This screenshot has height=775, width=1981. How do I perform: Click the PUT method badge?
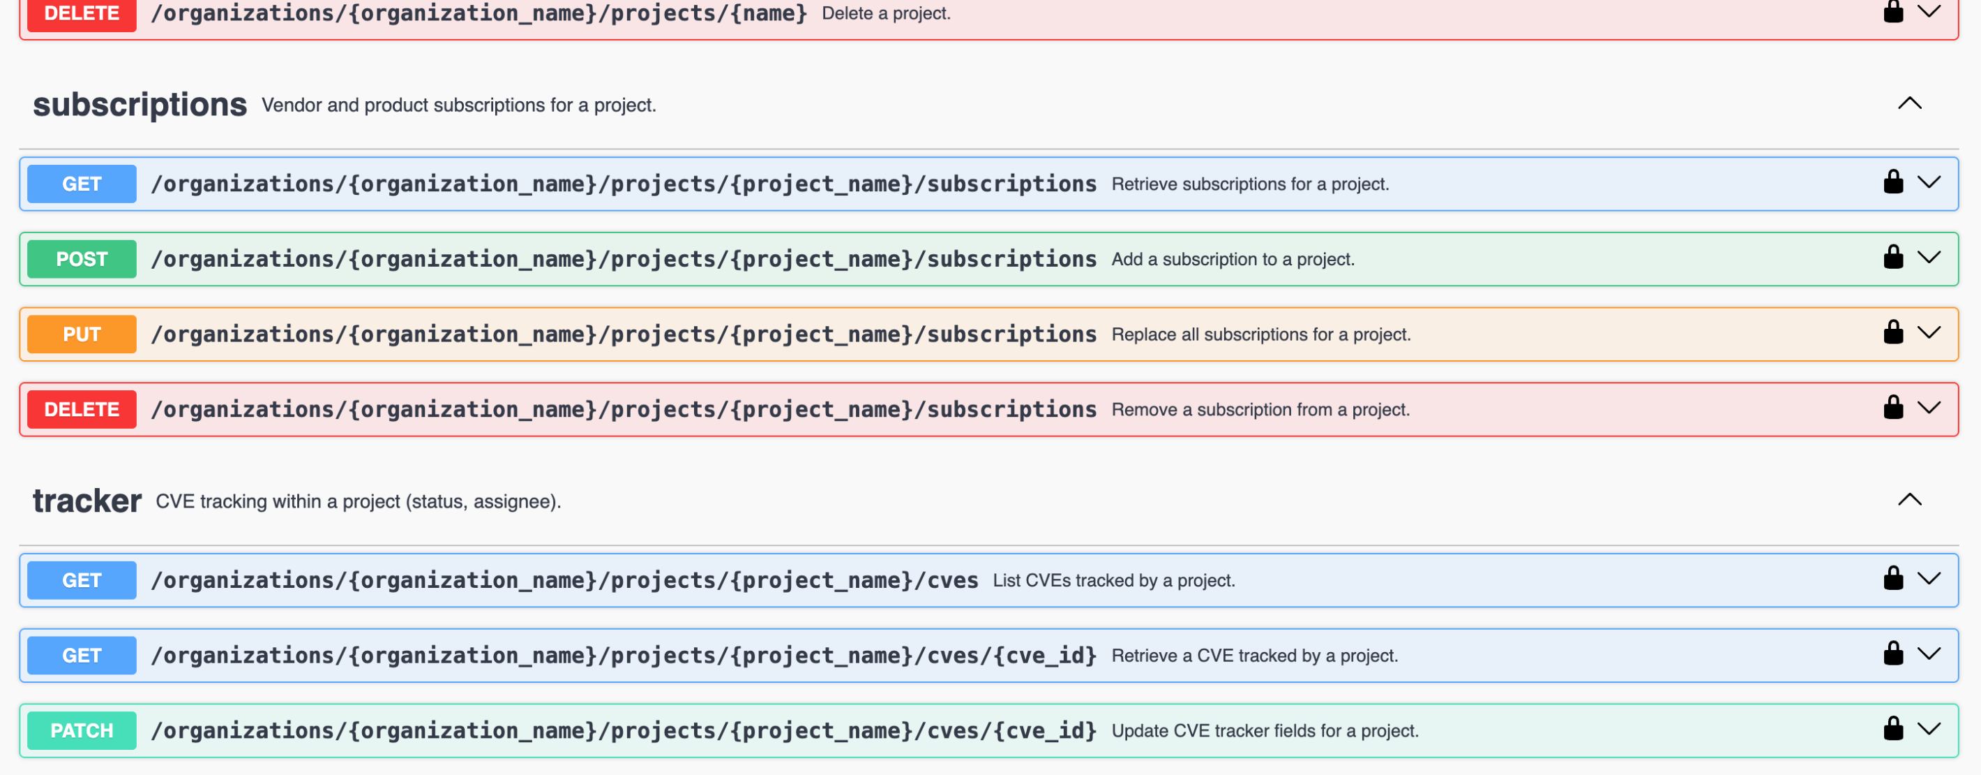pyautogui.click(x=82, y=334)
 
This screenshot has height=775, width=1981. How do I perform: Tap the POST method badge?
pyautogui.click(x=82, y=259)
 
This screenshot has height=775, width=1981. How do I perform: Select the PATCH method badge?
pyautogui.click(x=82, y=730)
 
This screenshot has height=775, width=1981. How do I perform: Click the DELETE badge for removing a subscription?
pyautogui.click(x=82, y=409)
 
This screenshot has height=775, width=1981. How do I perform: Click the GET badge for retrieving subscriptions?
pyautogui.click(x=82, y=184)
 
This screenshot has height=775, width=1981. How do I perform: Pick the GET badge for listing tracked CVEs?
pyautogui.click(x=82, y=580)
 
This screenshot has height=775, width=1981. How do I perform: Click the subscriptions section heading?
pyautogui.click(x=140, y=105)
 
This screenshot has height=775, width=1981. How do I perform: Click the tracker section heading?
pyautogui.click(x=87, y=501)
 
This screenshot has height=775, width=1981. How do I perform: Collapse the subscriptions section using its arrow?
pyautogui.click(x=1909, y=103)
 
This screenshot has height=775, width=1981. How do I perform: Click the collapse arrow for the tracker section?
pyautogui.click(x=1909, y=499)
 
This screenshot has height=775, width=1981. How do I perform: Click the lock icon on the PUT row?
pyautogui.click(x=1893, y=332)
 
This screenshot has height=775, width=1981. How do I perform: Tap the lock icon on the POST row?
pyautogui.click(x=1893, y=256)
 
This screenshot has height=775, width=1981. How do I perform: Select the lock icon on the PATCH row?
pyautogui.click(x=1893, y=728)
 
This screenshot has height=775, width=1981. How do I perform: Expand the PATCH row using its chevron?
pyautogui.click(x=1929, y=728)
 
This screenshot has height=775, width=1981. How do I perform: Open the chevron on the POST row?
pyautogui.click(x=1929, y=257)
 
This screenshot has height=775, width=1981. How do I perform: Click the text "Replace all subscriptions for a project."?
pyautogui.click(x=1261, y=334)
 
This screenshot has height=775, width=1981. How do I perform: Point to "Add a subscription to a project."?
pyautogui.click(x=1233, y=259)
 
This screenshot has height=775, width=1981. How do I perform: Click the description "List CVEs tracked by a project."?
pyautogui.click(x=1113, y=580)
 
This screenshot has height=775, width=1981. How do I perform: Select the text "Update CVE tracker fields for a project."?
pyautogui.click(x=1265, y=730)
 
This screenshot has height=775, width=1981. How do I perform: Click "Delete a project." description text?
pyautogui.click(x=886, y=13)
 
